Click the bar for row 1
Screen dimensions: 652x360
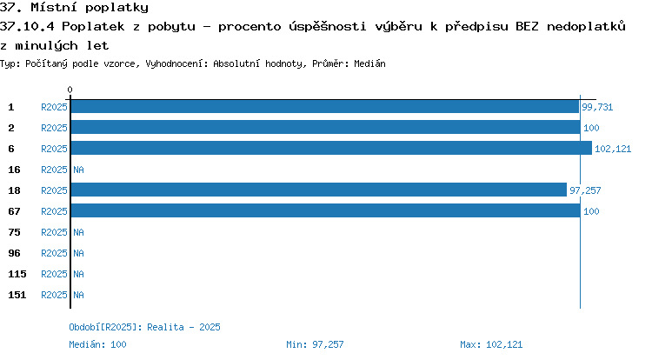[x=325, y=107]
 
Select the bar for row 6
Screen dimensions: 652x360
[x=331, y=148]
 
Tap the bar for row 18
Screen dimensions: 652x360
[x=319, y=190]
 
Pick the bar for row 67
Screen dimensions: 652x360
[x=326, y=210]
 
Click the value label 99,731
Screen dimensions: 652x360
[x=597, y=107]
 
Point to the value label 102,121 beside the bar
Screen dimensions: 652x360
[x=613, y=149]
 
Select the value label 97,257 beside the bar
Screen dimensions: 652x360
[x=585, y=190]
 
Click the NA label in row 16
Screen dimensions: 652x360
[x=78, y=170]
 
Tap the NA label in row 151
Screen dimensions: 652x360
[x=78, y=295]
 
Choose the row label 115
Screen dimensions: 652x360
[x=17, y=274]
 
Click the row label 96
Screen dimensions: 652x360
[x=14, y=253]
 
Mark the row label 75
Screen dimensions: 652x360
[x=14, y=232]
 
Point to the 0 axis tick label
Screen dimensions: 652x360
[x=70, y=90]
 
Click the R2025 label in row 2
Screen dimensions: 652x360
[x=54, y=128]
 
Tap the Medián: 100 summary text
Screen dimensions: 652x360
[x=97, y=344]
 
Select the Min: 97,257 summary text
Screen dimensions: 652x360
[x=315, y=344]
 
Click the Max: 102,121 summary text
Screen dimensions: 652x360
[x=491, y=344]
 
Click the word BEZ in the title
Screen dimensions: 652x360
[x=527, y=26]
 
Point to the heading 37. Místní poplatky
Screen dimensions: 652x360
[x=74, y=8]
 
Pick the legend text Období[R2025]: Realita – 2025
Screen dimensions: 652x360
[x=144, y=327]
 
